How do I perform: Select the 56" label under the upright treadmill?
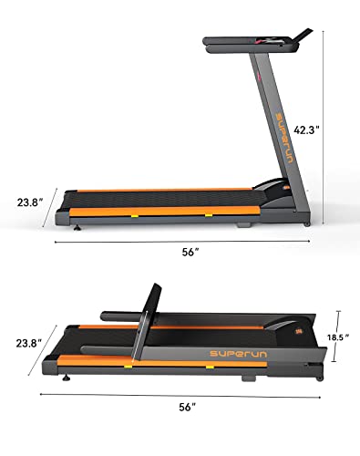[x=190, y=253]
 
